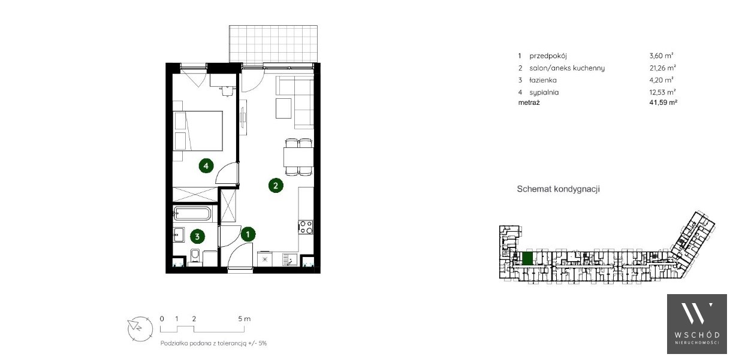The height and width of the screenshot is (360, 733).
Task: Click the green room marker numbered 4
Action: pos(206,166)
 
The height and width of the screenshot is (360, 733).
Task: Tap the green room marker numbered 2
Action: pos(276,186)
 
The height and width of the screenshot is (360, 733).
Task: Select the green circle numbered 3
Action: pos(197,237)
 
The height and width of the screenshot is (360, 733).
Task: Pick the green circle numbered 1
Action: pos(248,234)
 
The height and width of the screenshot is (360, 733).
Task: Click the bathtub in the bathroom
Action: pos(192,213)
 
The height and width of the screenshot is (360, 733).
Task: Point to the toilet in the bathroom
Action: pos(195,256)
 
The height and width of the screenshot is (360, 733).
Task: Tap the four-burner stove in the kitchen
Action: pos(306,227)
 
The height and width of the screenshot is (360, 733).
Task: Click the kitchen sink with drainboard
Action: pos(290,259)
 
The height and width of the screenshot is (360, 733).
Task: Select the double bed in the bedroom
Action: pos(198,131)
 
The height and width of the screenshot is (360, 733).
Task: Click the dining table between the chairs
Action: pos(298,158)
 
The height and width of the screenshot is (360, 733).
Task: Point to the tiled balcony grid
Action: pos(273,44)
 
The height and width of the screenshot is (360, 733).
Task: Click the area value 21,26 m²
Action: pos(663,68)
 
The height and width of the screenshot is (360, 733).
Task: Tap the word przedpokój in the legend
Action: pos(548,56)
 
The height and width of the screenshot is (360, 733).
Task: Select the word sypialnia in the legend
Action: pos(544,92)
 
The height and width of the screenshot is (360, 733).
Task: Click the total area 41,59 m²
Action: pos(663,102)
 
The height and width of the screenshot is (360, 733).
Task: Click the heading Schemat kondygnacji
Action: pos(558,189)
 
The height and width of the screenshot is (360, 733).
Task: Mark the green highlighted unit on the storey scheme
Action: pos(527,258)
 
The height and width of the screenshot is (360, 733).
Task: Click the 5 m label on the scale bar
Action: pos(244,319)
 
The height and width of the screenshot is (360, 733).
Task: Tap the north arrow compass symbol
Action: pos(140,329)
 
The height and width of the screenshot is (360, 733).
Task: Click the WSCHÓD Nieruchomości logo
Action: pos(696,323)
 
